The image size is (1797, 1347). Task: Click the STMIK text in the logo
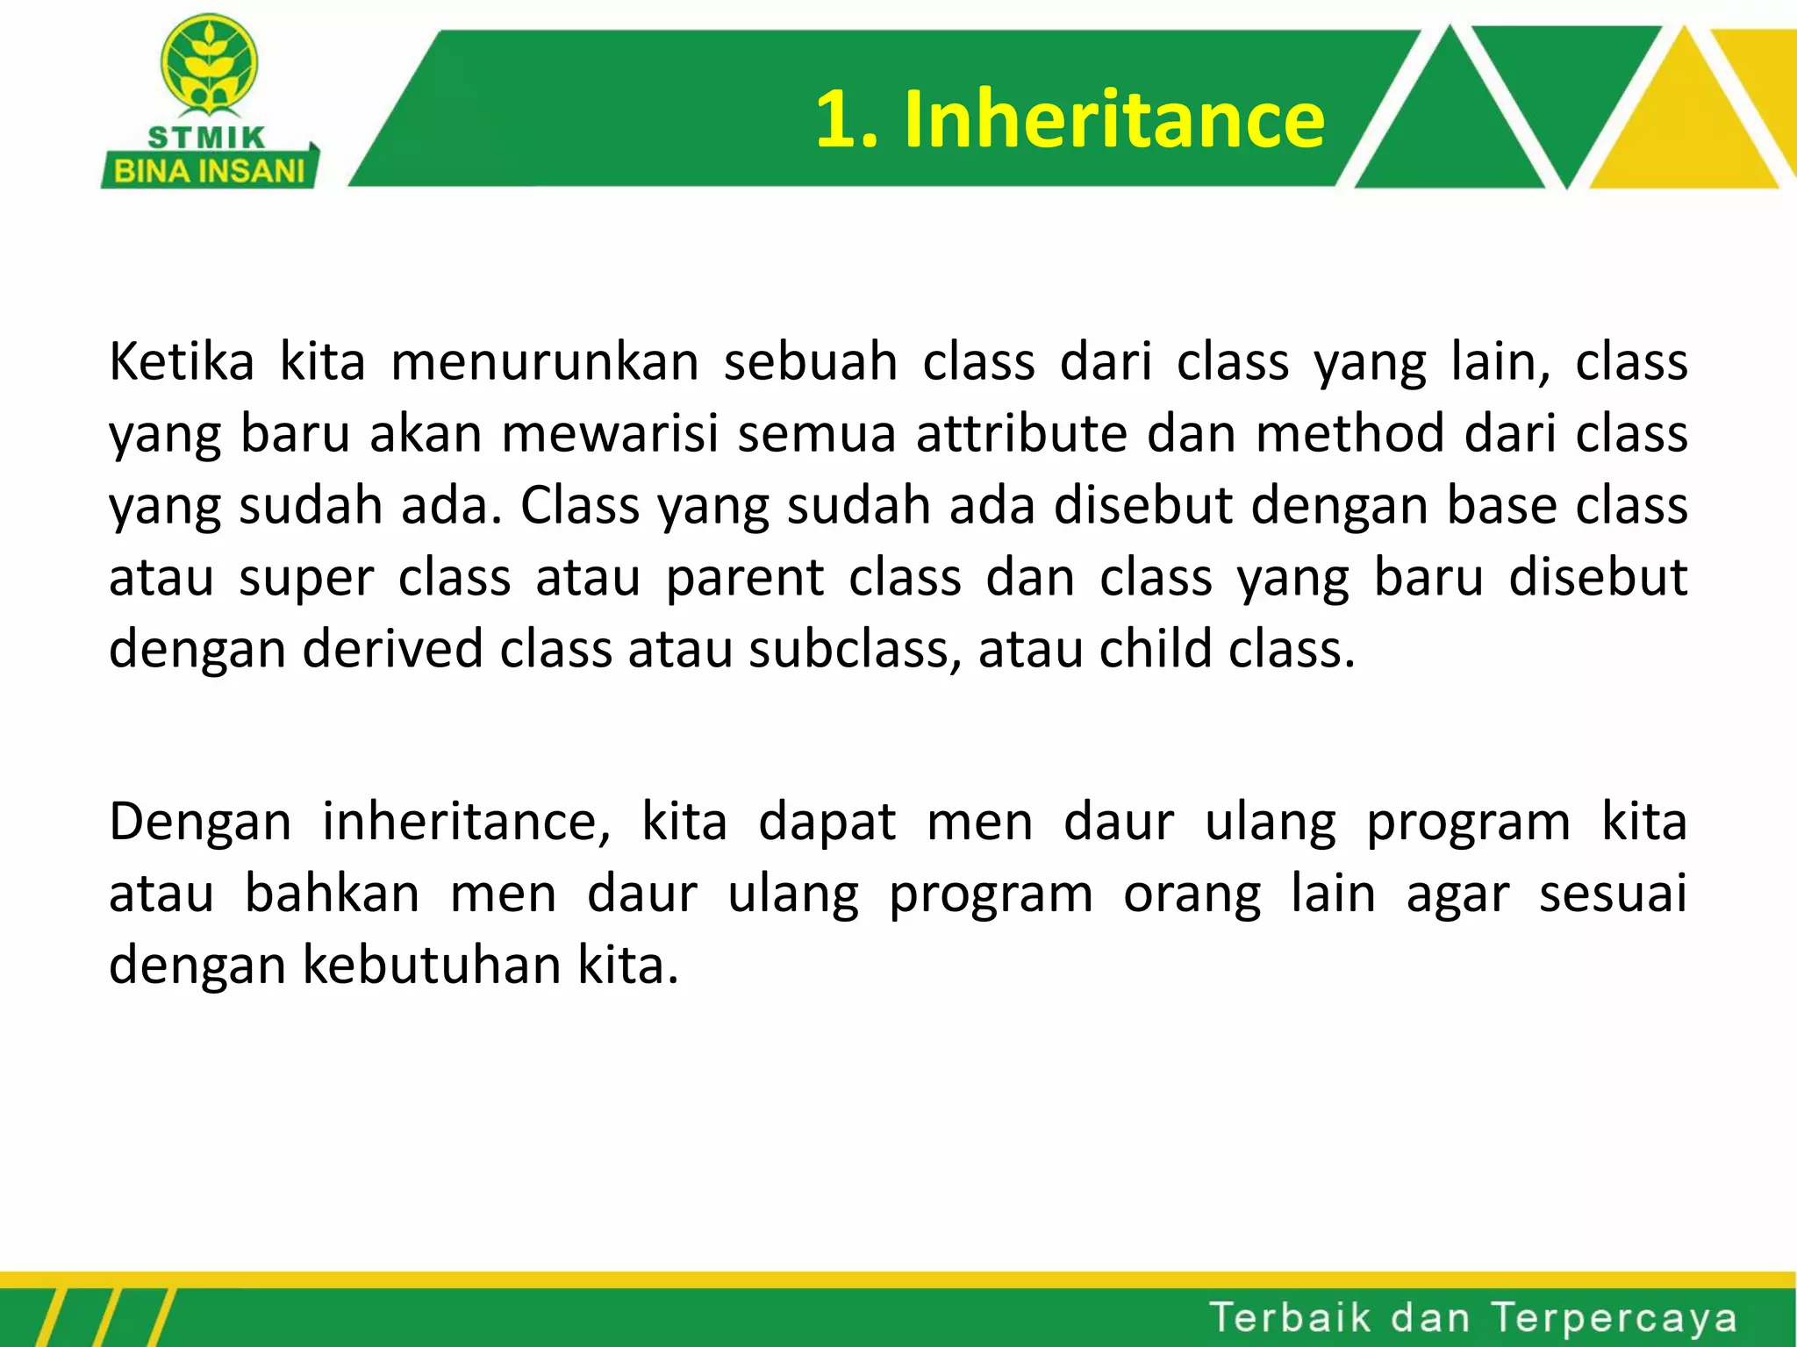(207, 138)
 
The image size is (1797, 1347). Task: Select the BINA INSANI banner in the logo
(210, 170)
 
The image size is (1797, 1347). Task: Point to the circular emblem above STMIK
(209, 64)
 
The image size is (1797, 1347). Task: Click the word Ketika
(182, 361)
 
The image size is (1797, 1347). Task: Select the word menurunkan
(545, 361)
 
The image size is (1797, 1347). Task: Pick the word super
(306, 579)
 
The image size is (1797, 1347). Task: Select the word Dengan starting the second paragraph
(200, 823)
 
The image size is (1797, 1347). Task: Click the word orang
(1192, 894)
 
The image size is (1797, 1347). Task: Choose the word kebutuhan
(431, 966)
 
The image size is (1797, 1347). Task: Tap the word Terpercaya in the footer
(1614, 1318)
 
